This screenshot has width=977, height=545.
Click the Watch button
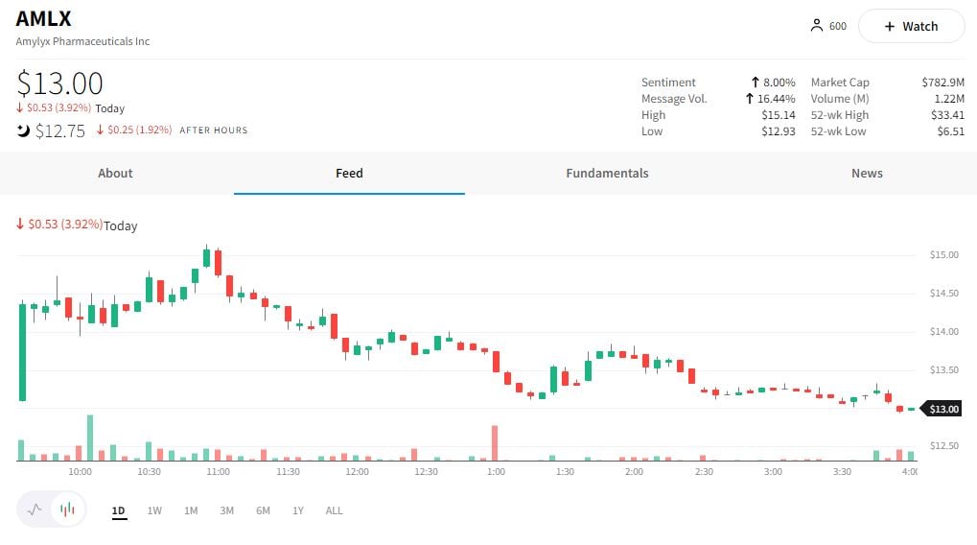(911, 27)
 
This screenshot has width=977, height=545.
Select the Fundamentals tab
(607, 174)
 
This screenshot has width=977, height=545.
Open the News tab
(867, 174)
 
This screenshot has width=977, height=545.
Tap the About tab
(115, 174)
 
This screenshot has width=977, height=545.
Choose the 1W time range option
(154, 511)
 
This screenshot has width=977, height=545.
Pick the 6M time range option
(263, 511)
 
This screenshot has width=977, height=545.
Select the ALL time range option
(334, 511)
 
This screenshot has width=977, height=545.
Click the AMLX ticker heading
(44, 19)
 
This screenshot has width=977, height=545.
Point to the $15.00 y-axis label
(943, 255)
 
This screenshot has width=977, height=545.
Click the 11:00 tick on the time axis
(218, 472)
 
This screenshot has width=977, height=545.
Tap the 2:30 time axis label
(704, 472)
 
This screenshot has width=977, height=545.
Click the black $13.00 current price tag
(943, 410)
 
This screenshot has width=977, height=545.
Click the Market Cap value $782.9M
(942, 83)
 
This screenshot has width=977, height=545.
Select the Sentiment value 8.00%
(779, 83)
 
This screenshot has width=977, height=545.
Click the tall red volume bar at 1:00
(495, 443)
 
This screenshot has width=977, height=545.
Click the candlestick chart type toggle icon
(67, 510)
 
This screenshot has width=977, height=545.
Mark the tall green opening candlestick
(22, 351)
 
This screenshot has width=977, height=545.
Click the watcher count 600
(837, 27)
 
